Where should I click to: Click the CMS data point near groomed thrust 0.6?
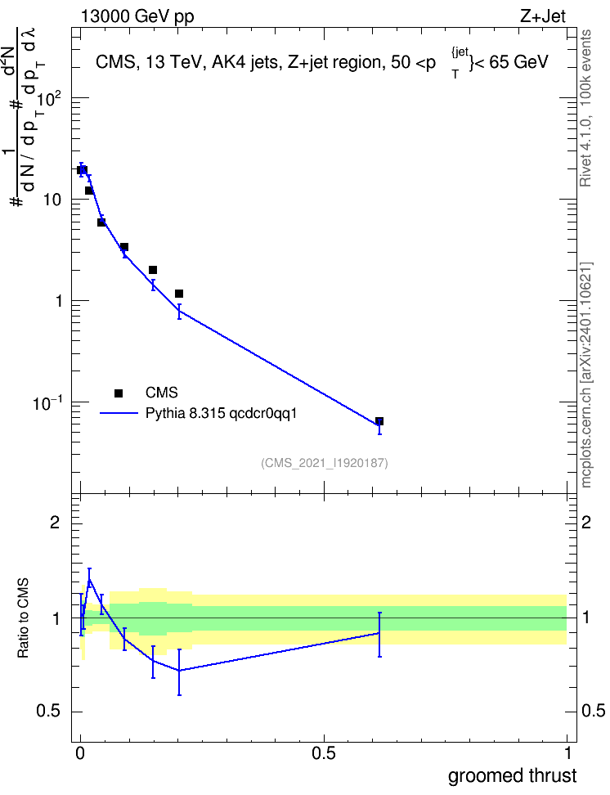pyautogui.click(x=379, y=421)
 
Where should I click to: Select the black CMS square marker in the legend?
pyautogui.click(x=119, y=393)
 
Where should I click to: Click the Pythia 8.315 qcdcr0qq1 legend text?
pyautogui.click(x=221, y=414)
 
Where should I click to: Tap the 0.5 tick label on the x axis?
pyautogui.click(x=324, y=753)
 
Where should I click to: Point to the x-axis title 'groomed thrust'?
pyautogui.click(x=512, y=775)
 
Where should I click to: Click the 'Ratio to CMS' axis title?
pyautogui.click(x=23, y=618)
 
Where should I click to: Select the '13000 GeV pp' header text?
pyautogui.click(x=137, y=16)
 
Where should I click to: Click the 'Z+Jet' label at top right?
pyautogui.click(x=543, y=16)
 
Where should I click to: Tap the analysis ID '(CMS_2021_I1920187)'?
pyautogui.click(x=325, y=463)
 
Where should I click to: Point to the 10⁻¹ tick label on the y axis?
pyautogui.click(x=47, y=402)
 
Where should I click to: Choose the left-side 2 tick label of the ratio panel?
pyautogui.click(x=55, y=523)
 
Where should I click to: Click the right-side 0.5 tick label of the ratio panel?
pyautogui.click(x=593, y=711)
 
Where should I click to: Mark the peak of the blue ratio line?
pyautogui.click(x=90, y=580)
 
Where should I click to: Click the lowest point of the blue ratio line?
pyautogui.click(x=179, y=671)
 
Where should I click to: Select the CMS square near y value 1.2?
pyautogui.click(x=179, y=294)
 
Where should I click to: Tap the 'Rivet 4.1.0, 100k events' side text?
pyautogui.click(x=585, y=108)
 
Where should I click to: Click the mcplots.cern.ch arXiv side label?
pyautogui.click(x=586, y=375)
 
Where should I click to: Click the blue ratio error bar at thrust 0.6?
pyautogui.click(x=379, y=634)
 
